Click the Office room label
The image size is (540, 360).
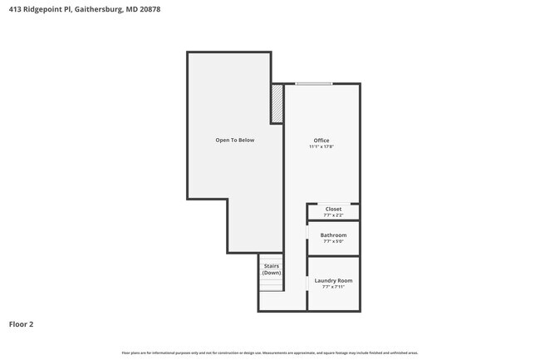[x=321, y=141]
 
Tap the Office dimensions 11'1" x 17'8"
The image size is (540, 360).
[x=321, y=147]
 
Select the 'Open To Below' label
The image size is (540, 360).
[x=235, y=141]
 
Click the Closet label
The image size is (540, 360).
[x=333, y=210]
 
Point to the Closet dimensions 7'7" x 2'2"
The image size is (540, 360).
[x=333, y=215]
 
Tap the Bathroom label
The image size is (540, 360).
[x=333, y=235]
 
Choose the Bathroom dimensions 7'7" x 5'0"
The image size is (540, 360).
[x=333, y=241]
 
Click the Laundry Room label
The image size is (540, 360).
[x=333, y=281]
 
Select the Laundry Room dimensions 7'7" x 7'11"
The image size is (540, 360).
[x=333, y=287]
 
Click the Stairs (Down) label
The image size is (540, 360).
[x=271, y=269]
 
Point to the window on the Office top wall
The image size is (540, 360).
[x=314, y=83]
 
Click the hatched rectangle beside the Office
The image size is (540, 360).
[x=277, y=104]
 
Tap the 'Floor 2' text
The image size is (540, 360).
[x=22, y=324]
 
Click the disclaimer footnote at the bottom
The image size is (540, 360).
[x=270, y=353]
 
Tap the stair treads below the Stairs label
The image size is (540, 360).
[x=271, y=284]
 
